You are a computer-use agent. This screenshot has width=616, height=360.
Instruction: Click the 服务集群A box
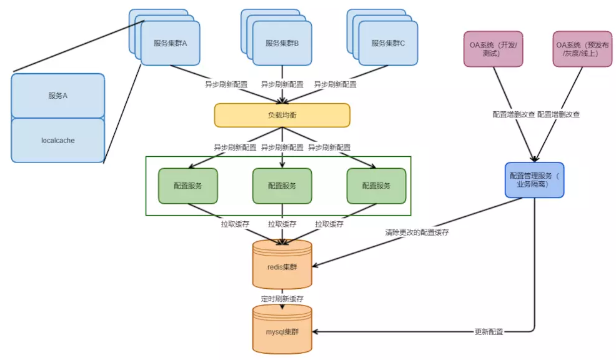[x=170, y=43]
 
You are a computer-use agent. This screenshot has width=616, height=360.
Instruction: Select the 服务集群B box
[x=282, y=43]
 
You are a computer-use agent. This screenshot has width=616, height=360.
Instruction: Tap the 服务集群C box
[x=388, y=43]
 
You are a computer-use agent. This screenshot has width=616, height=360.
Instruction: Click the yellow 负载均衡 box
[x=282, y=115]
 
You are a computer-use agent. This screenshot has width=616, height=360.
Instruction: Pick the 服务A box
[x=57, y=96]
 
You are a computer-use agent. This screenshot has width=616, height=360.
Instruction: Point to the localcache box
[x=57, y=140]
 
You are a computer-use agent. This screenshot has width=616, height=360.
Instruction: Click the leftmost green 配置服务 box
[x=188, y=186]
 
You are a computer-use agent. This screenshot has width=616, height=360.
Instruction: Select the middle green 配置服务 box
[x=282, y=186]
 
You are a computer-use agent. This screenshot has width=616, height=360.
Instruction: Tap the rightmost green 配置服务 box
[x=376, y=186]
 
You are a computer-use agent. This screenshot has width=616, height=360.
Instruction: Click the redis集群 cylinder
[x=282, y=264]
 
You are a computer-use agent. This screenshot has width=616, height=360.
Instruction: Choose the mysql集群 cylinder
[x=282, y=329]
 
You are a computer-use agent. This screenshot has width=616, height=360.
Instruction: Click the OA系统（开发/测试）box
[x=494, y=49]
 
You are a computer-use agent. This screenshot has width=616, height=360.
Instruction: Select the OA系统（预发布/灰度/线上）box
[x=582, y=49]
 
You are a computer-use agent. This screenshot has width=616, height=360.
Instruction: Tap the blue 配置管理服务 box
[x=534, y=180]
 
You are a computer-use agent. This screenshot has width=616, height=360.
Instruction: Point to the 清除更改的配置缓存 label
[x=417, y=232]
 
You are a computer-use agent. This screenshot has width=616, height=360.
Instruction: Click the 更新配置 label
[x=489, y=332]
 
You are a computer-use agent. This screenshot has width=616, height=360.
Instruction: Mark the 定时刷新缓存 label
[x=282, y=299]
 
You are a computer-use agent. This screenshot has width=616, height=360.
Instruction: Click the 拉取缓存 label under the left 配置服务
[x=235, y=224]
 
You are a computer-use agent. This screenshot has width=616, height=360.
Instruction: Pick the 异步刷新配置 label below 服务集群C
[x=335, y=84]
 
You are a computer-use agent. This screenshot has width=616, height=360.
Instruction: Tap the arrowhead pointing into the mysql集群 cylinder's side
[x=315, y=332]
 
